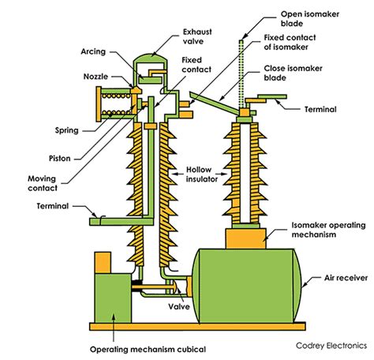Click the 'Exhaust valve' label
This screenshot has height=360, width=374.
(197, 36)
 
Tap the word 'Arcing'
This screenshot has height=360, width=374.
(93, 52)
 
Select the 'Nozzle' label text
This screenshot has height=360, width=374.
(95, 77)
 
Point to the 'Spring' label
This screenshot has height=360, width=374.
(67, 130)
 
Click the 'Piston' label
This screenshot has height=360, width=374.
(60, 159)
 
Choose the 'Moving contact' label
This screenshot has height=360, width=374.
(43, 183)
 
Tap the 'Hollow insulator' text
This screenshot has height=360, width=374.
(202, 174)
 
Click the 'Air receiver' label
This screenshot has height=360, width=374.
(346, 278)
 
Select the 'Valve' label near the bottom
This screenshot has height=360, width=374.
(179, 306)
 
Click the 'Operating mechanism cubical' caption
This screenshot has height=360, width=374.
(148, 350)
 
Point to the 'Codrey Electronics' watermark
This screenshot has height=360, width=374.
(331, 346)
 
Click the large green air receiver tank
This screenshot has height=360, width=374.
(246, 286)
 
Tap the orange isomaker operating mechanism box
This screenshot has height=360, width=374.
(245, 238)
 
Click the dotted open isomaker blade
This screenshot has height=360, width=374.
(241, 74)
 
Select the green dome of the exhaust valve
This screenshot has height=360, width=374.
(150, 58)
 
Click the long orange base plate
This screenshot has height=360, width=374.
(197, 327)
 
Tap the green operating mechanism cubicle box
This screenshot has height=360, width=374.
(113, 298)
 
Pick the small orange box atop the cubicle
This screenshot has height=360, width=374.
(103, 263)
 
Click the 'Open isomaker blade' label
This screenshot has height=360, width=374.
(310, 19)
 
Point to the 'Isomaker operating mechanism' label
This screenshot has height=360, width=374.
(328, 230)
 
